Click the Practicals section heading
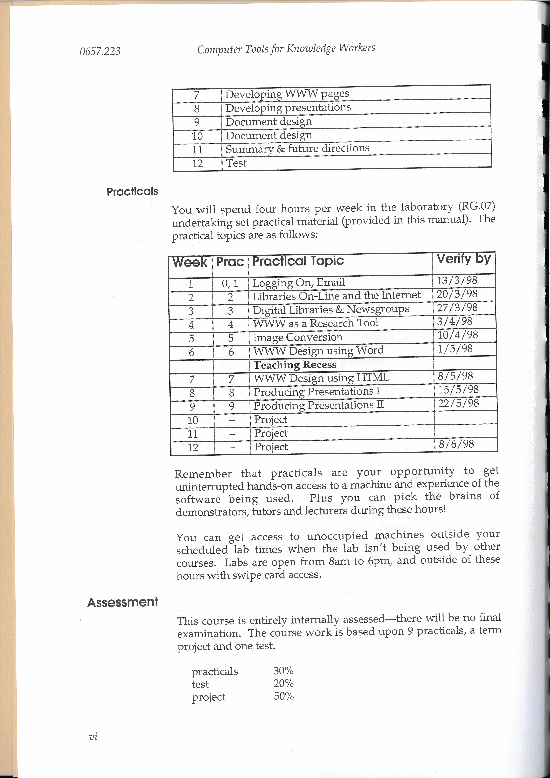(x=132, y=192)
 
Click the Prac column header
(x=230, y=262)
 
